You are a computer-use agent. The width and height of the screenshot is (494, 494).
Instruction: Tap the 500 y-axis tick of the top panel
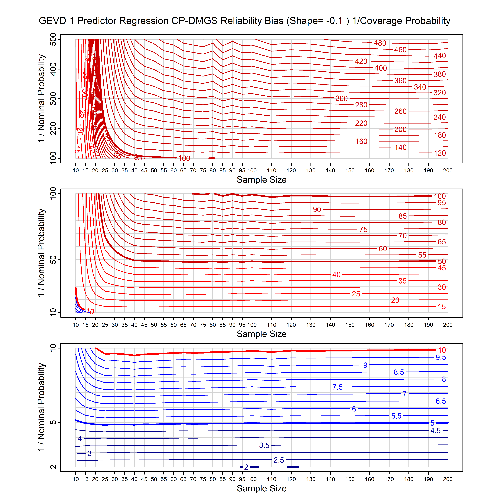pos(53,39)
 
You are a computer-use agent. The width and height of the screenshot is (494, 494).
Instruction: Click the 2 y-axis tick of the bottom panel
pos(53,467)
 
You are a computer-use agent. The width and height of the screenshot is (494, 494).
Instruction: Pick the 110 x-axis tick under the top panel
pos(272,171)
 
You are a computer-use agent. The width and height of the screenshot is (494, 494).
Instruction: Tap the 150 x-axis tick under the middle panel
pos(350,325)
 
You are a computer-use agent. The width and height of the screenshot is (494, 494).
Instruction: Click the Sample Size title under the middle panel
pos(262,334)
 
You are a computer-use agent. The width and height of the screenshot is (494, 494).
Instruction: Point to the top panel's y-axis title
pos(41,98)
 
